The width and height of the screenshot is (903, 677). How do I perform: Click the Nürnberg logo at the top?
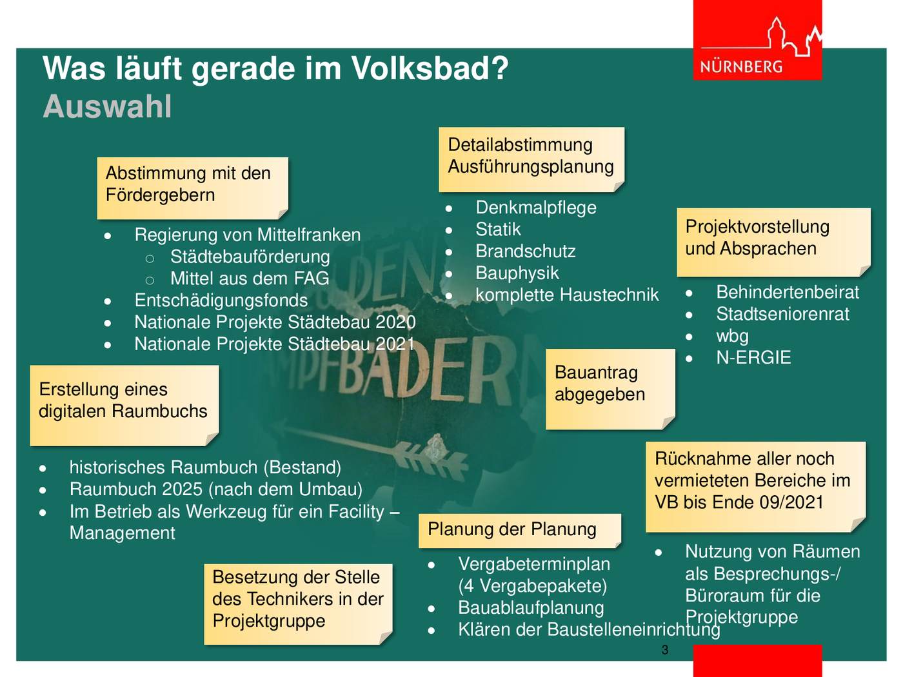coord(757,40)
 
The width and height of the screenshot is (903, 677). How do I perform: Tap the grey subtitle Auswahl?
coord(107,106)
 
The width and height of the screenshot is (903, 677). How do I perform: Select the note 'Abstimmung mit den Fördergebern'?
coord(192,188)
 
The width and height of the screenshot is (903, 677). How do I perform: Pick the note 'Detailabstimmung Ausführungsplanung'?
coord(531,159)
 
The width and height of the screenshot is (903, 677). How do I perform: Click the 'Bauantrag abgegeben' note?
coord(611,389)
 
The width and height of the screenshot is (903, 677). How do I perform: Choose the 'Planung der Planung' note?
coord(520,530)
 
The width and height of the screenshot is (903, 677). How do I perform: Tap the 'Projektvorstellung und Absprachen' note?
coord(774,242)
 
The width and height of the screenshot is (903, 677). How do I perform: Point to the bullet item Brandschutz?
coord(525,251)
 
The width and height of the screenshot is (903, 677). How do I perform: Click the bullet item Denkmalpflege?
coord(535,208)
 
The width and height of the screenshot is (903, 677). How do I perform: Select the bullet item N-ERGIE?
coord(753,358)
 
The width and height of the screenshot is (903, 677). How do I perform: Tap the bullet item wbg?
coord(732,336)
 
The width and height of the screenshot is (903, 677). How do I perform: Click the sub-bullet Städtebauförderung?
coord(250,257)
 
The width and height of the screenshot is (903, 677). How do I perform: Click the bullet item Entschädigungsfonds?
coord(221,300)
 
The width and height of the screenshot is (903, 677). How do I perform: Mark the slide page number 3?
coord(665,650)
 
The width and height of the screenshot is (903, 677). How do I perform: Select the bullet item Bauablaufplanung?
coord(531,608)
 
